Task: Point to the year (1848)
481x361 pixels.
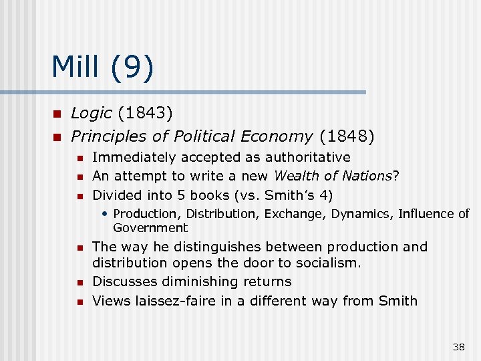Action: click(x=347, y=136)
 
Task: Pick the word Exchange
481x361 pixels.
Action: click(x=288, y=214)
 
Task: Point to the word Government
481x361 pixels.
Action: click(x=150, y=227)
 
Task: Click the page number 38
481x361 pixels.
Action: click(x=458, y=346)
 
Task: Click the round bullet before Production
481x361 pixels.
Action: click(x=106, y=214)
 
